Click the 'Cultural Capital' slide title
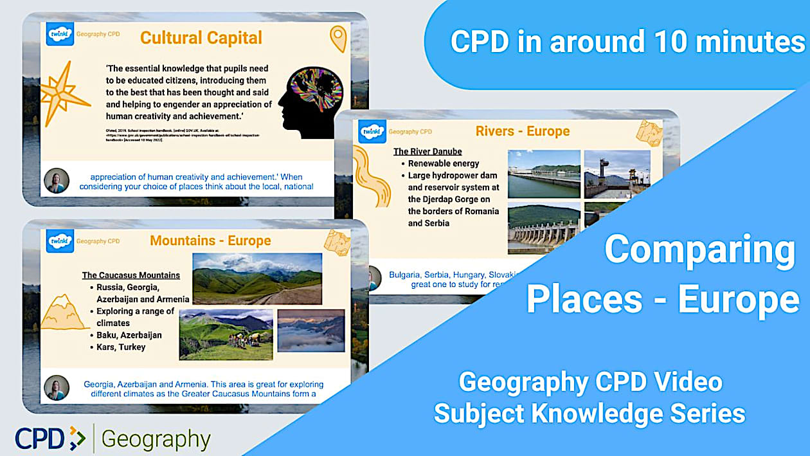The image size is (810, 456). pyautogui.click(x=201, y=38)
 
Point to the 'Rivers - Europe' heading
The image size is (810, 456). pyautogui.click(x=522, y=131)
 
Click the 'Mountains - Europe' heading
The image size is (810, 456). pyautogui.click(x=210, y=241)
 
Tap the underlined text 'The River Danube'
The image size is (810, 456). pyautogui.click(x=428, y=152)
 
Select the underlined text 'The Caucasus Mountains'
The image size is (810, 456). pyautogui.click(x=131, y=275)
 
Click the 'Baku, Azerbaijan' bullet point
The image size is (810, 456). pyautogui.click(x=129, y=335)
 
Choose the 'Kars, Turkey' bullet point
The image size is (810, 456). pyautogui.click(x=121, y=347)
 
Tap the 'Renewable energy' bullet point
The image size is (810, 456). pyautogui.click(x=444, y=163)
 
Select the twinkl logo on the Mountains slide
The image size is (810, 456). pyautogui.click(x=60, y=241)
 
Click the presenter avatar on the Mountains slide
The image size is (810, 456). pyautogui.click(x=57, y=388)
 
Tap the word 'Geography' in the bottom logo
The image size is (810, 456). pyautogui.click(x=156, y=439)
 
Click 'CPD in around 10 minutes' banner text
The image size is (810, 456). pyautogui.click(x=627, y=42)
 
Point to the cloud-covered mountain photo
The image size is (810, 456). pyautogui.click(x=310, y=331)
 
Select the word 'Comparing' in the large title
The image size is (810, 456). pyautogui.click(x=699, y=251)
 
